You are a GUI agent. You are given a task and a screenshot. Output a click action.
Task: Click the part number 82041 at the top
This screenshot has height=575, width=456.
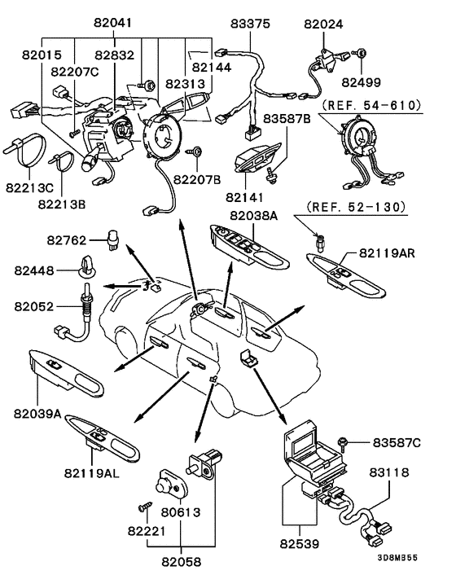[112, 22]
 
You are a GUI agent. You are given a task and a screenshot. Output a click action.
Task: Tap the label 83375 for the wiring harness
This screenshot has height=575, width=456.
[250, 24]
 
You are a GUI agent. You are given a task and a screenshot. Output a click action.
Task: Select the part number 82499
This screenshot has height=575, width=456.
[361, 82]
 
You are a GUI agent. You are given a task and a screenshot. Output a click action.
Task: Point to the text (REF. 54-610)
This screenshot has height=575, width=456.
[371, 106]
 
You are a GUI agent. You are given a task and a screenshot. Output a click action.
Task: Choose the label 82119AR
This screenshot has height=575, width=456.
[387, 252]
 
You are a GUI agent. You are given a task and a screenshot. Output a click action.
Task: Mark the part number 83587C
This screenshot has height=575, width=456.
[397, 442]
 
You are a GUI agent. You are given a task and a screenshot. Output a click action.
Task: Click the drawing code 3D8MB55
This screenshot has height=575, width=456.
[397, 558]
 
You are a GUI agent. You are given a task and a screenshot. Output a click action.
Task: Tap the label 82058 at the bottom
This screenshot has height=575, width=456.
[182, 561]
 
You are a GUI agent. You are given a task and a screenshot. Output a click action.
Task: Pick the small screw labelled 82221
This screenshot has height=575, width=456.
[145, 507]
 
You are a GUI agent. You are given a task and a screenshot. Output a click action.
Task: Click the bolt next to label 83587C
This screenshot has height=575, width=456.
[343, 442]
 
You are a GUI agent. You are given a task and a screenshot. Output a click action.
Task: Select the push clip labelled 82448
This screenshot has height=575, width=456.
[87, 266]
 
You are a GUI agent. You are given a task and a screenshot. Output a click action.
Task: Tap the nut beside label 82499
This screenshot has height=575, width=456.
[360, 54]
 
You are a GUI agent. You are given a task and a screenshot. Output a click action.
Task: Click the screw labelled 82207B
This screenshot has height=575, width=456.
[195, 151]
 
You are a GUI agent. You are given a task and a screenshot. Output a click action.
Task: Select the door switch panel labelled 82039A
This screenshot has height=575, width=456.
[66, 373]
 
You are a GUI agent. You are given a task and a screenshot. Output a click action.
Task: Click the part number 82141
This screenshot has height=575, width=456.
[244, 197]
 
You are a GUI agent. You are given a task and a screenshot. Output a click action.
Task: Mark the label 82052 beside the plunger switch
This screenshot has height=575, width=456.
[33, 306]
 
